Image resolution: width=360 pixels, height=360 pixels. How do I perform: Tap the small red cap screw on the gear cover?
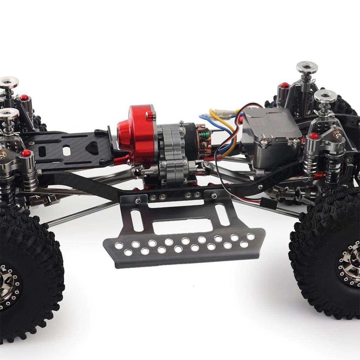(x=150, y=115)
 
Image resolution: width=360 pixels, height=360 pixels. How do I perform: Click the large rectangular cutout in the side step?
(x=182, y=226)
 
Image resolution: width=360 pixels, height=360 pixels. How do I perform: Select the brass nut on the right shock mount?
(x=338, y=135)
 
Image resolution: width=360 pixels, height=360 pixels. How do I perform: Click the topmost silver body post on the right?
(x=306, y=67)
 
